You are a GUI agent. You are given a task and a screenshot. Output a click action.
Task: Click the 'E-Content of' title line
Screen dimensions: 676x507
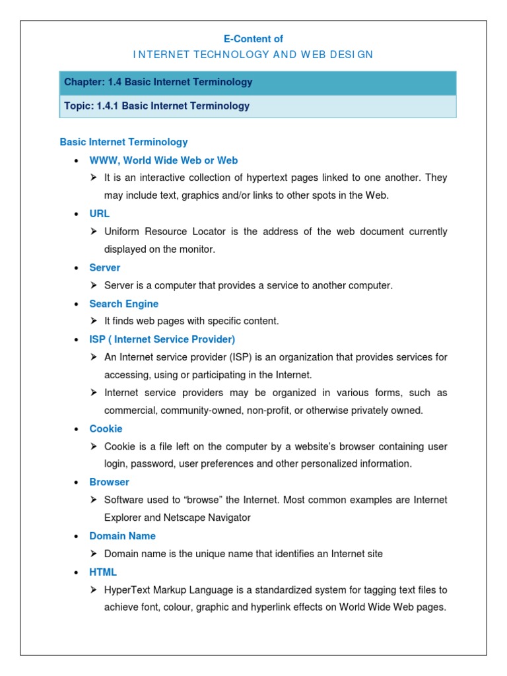253,39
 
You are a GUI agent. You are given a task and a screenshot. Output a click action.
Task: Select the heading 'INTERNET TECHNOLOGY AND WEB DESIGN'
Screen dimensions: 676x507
253,55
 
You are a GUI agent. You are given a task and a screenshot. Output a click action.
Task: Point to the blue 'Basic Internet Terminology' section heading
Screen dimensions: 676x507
123,142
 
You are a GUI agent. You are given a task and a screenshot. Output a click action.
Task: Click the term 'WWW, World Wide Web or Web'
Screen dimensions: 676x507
164,160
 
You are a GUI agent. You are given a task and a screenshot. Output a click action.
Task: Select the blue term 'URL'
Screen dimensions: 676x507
100,214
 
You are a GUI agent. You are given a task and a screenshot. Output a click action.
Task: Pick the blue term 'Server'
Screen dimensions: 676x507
105,267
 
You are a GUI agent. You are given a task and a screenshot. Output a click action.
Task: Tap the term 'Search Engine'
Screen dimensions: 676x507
124,304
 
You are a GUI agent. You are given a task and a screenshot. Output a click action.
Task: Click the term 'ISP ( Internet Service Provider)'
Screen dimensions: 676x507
162,339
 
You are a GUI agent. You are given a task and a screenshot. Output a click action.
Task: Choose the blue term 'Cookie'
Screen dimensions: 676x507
106,428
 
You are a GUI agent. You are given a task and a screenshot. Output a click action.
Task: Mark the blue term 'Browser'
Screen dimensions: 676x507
110,482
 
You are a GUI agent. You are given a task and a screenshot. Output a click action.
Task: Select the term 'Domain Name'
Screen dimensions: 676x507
123,536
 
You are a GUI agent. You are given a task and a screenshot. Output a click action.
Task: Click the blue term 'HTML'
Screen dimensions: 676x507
103,572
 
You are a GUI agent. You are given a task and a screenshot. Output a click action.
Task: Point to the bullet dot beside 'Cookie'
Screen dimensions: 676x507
77,429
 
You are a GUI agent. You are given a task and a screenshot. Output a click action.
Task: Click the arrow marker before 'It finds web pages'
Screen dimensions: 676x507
94,321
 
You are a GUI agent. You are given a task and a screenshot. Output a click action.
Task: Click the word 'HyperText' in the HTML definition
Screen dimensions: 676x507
125,590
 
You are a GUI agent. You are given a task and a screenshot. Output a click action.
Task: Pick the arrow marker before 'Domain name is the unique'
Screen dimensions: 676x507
94,554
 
